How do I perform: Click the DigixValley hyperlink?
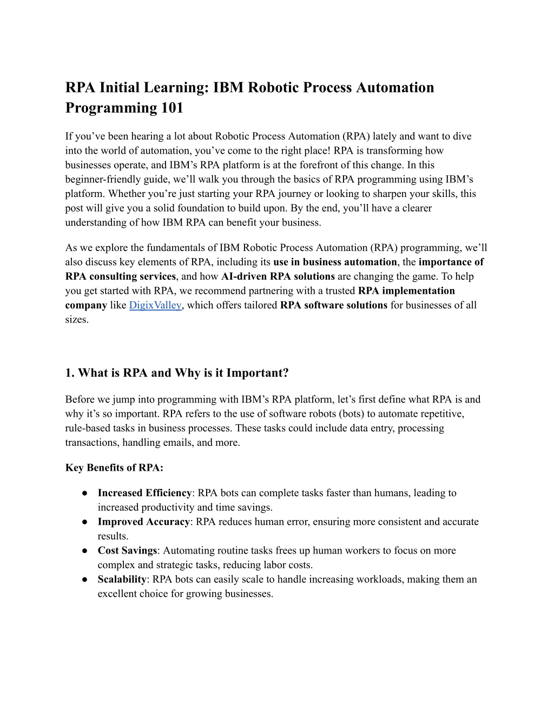point(155,305)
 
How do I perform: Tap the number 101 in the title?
point(170,108)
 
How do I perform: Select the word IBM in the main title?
point(229,87)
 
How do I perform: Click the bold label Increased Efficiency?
point(144,493)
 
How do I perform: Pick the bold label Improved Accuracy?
point(143,522)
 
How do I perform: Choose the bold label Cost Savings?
point(127,550)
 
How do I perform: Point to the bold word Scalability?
point(122,579)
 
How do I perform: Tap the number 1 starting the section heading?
point(69,373)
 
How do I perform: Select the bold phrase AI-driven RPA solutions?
point(278,277)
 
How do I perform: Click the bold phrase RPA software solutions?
point(333,305)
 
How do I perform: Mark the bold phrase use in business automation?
point(335,262)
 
